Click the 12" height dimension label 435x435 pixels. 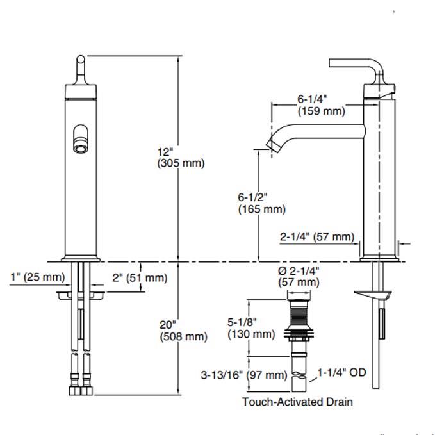pos(165,152)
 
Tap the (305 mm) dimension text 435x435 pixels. pos(181,163)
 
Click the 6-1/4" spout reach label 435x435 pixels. pos(313,99)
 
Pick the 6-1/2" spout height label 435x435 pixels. pos(252,197)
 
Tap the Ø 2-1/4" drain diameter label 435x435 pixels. pos(298,270)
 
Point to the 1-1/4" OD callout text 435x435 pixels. pos(342,372)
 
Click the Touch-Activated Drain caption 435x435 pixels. pos(297,402)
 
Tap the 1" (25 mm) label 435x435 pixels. pos(38,277)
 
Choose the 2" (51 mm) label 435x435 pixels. pos(139,277)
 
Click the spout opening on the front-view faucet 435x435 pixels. pos(81,138)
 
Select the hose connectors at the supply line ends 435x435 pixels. pos(80,389)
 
